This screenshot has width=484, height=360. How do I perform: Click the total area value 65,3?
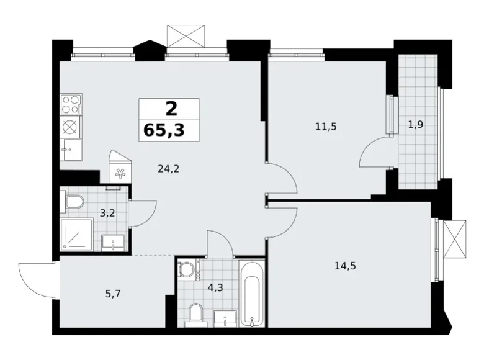[164, 130]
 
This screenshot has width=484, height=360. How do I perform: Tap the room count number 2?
[172, 109]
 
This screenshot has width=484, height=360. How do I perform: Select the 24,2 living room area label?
[168, 169]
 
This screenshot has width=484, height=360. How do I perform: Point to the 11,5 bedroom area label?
[326, 127]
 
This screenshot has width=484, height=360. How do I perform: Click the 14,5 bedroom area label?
[346, 266]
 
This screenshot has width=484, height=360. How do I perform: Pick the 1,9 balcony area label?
[416, 125]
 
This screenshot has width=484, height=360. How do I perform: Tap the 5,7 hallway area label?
[113, 294]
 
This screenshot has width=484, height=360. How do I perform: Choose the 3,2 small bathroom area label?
[107, 213]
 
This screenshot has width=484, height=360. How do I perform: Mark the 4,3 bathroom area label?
[215, 288]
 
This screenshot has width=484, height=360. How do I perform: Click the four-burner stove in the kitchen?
[71, 104]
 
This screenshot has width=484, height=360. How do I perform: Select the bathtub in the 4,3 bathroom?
[252, 294]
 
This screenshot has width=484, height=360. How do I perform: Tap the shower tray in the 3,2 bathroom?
[77, 234]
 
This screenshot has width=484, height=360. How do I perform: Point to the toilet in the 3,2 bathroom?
[72, 202]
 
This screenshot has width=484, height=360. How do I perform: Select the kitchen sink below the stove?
[71, 150]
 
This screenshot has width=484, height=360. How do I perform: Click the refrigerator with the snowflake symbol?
[120, 168]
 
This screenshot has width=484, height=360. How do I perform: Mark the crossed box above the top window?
[186, 36]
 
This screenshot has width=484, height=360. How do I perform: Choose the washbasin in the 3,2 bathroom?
[113, 243]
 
